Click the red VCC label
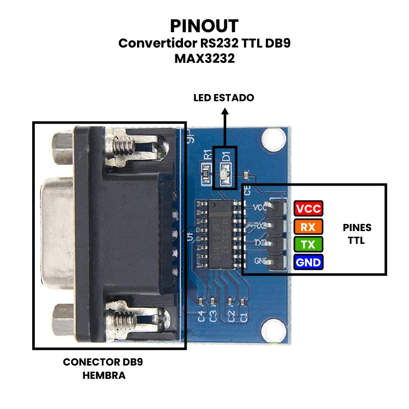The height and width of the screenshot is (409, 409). pos(308,209)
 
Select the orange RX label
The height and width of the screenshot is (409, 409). pos(308,226)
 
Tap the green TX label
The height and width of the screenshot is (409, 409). pos(308,244)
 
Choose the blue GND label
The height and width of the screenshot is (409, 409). pos(308,263)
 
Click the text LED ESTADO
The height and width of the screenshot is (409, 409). pos(223,98)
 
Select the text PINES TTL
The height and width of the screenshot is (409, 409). pos(357,234)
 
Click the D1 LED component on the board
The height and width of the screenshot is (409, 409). pos(225,174)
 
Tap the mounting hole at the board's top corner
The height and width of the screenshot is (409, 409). pos(273,138)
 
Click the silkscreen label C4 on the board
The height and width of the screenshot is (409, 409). pos(202,316)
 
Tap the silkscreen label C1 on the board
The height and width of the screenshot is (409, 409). pos(244,316)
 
